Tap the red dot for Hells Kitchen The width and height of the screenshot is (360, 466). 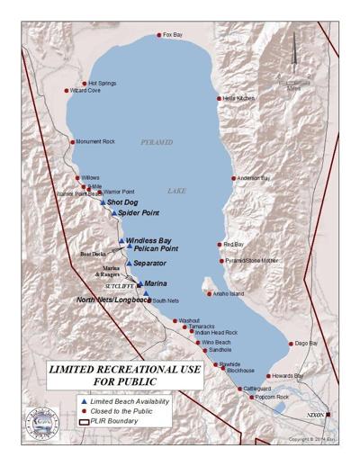point(219,98)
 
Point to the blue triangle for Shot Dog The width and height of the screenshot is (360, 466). point(103,203)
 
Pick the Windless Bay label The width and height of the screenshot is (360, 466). point(148,240)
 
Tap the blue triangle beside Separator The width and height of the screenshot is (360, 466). point(129,263)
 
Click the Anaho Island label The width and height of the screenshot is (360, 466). point(229,293)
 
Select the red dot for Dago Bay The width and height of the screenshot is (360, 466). point(291,343)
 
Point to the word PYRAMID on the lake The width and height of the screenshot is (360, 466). point(157,142)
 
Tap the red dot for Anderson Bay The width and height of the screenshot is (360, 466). point(234,178)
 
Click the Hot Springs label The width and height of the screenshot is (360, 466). point(102,83)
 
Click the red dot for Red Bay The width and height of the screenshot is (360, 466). point(219,245)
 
